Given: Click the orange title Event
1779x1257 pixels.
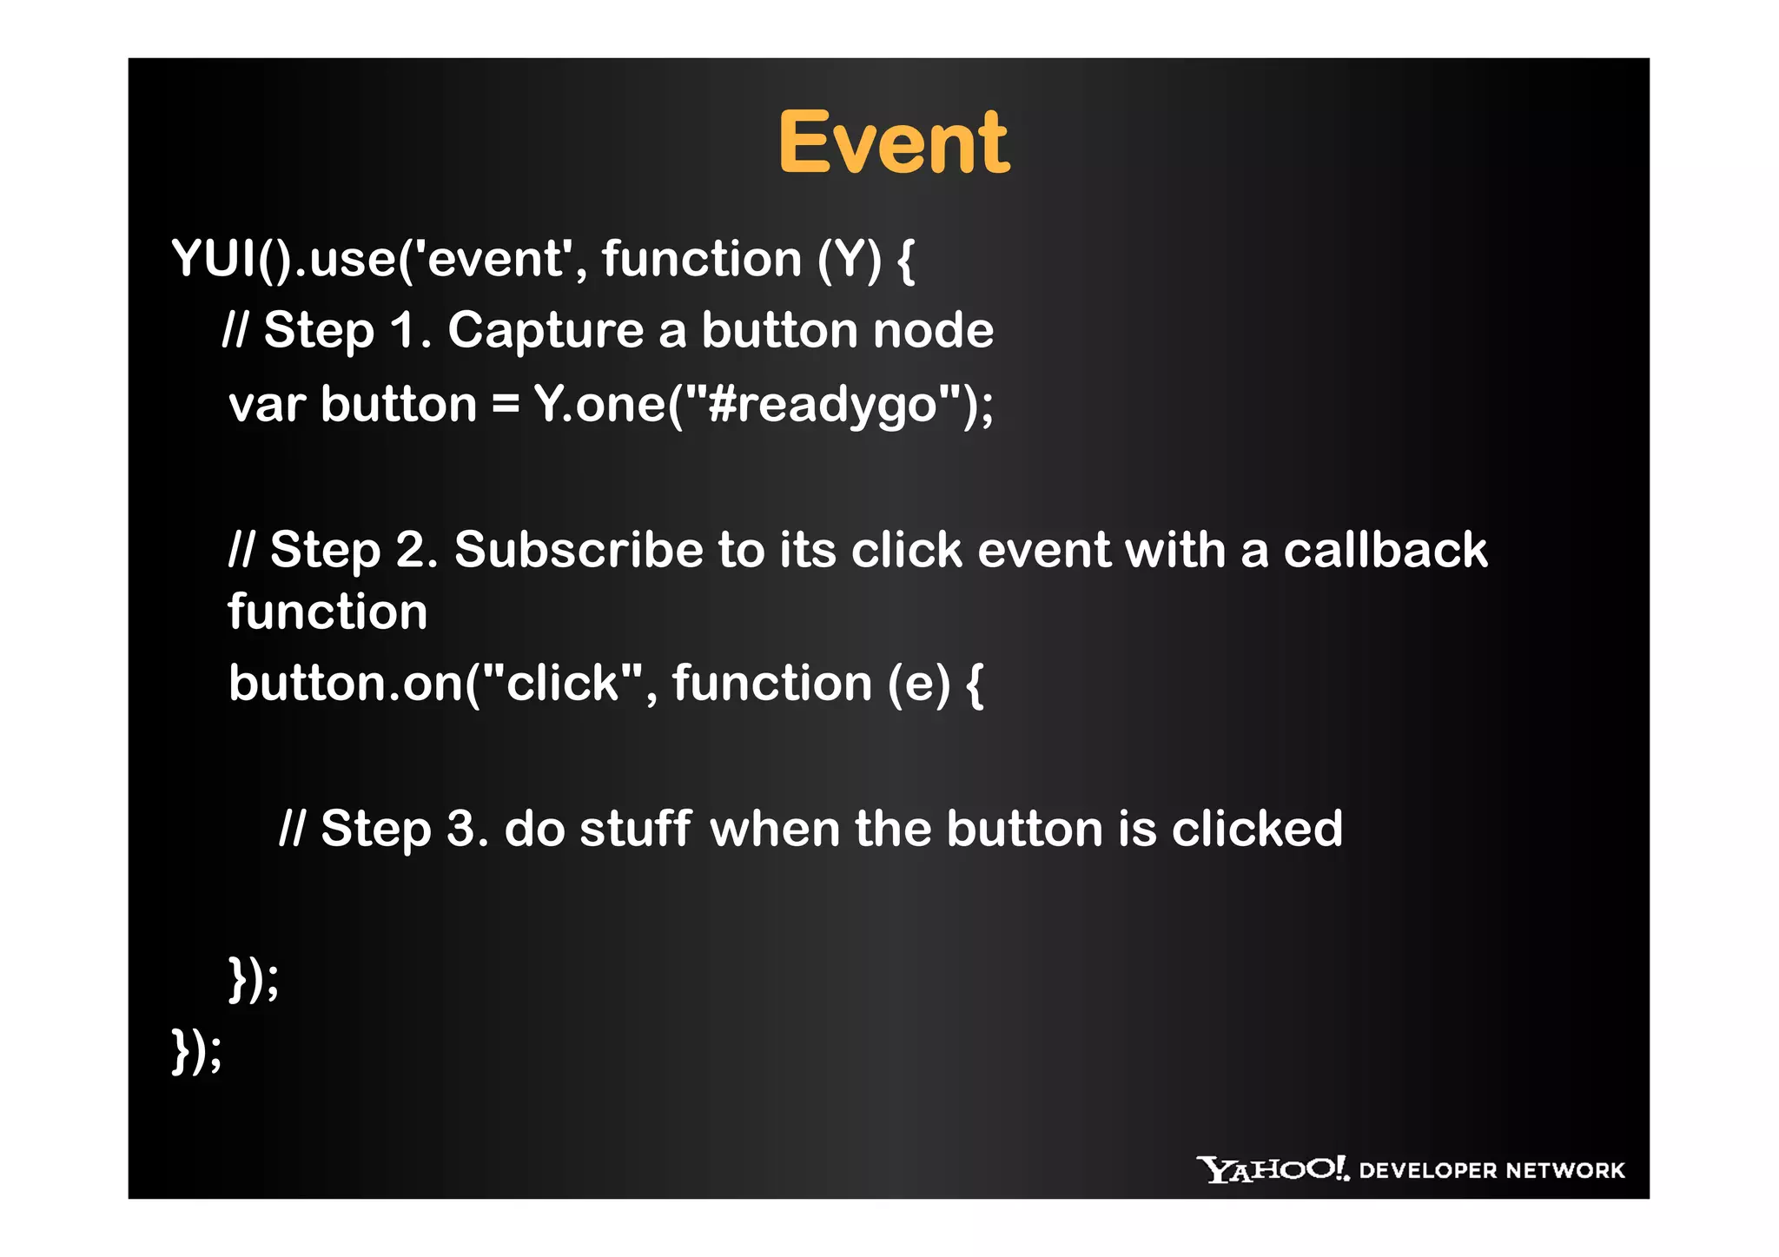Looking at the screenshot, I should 893,143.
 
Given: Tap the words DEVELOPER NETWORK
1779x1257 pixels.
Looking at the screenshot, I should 1491,1170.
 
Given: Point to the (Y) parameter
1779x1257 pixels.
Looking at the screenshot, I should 850,259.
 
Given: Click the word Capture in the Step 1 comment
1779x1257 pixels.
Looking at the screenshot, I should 546,331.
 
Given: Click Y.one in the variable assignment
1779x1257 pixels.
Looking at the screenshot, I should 599,405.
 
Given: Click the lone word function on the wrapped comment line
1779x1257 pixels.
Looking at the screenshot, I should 327,612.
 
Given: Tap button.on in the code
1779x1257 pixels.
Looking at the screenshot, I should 345,683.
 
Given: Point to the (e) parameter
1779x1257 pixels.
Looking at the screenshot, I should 919,683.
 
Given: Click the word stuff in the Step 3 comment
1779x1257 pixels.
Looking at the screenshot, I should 635,829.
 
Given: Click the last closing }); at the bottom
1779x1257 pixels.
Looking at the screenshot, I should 197,1051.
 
